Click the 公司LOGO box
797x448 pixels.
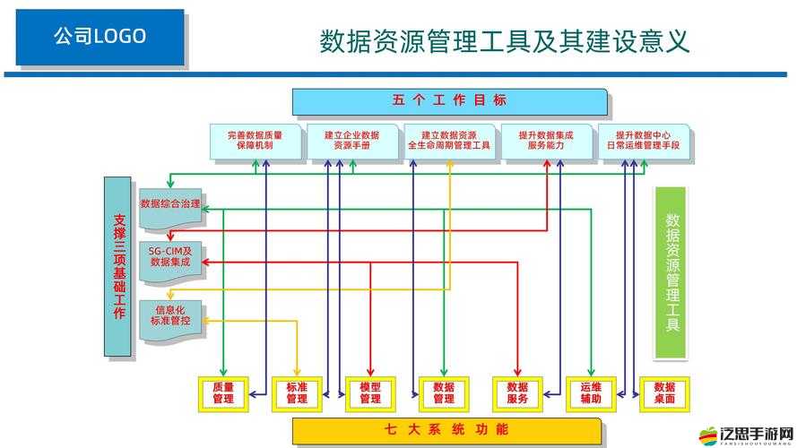tap(99, 37)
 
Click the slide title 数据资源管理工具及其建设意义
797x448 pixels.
tap(505, 40)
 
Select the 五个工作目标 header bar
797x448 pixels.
tap(449, 100)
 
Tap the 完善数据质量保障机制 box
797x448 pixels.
tap(254, 140)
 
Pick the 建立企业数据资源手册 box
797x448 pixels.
tap(351, 140)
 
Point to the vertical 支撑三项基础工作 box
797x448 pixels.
tap(118, 266)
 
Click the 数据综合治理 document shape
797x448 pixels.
tap(169, 205)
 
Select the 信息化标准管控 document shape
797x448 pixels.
tap(169, 316)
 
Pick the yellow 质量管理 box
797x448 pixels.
tap(222, 392)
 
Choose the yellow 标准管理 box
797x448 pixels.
tap(296, 392)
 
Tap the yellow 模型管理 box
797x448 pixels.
tap(369, 392)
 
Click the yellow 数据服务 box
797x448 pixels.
tap(516, 392)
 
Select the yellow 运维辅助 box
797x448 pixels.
tap(590, 392)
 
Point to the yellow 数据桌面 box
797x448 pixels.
tap(663, 392)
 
